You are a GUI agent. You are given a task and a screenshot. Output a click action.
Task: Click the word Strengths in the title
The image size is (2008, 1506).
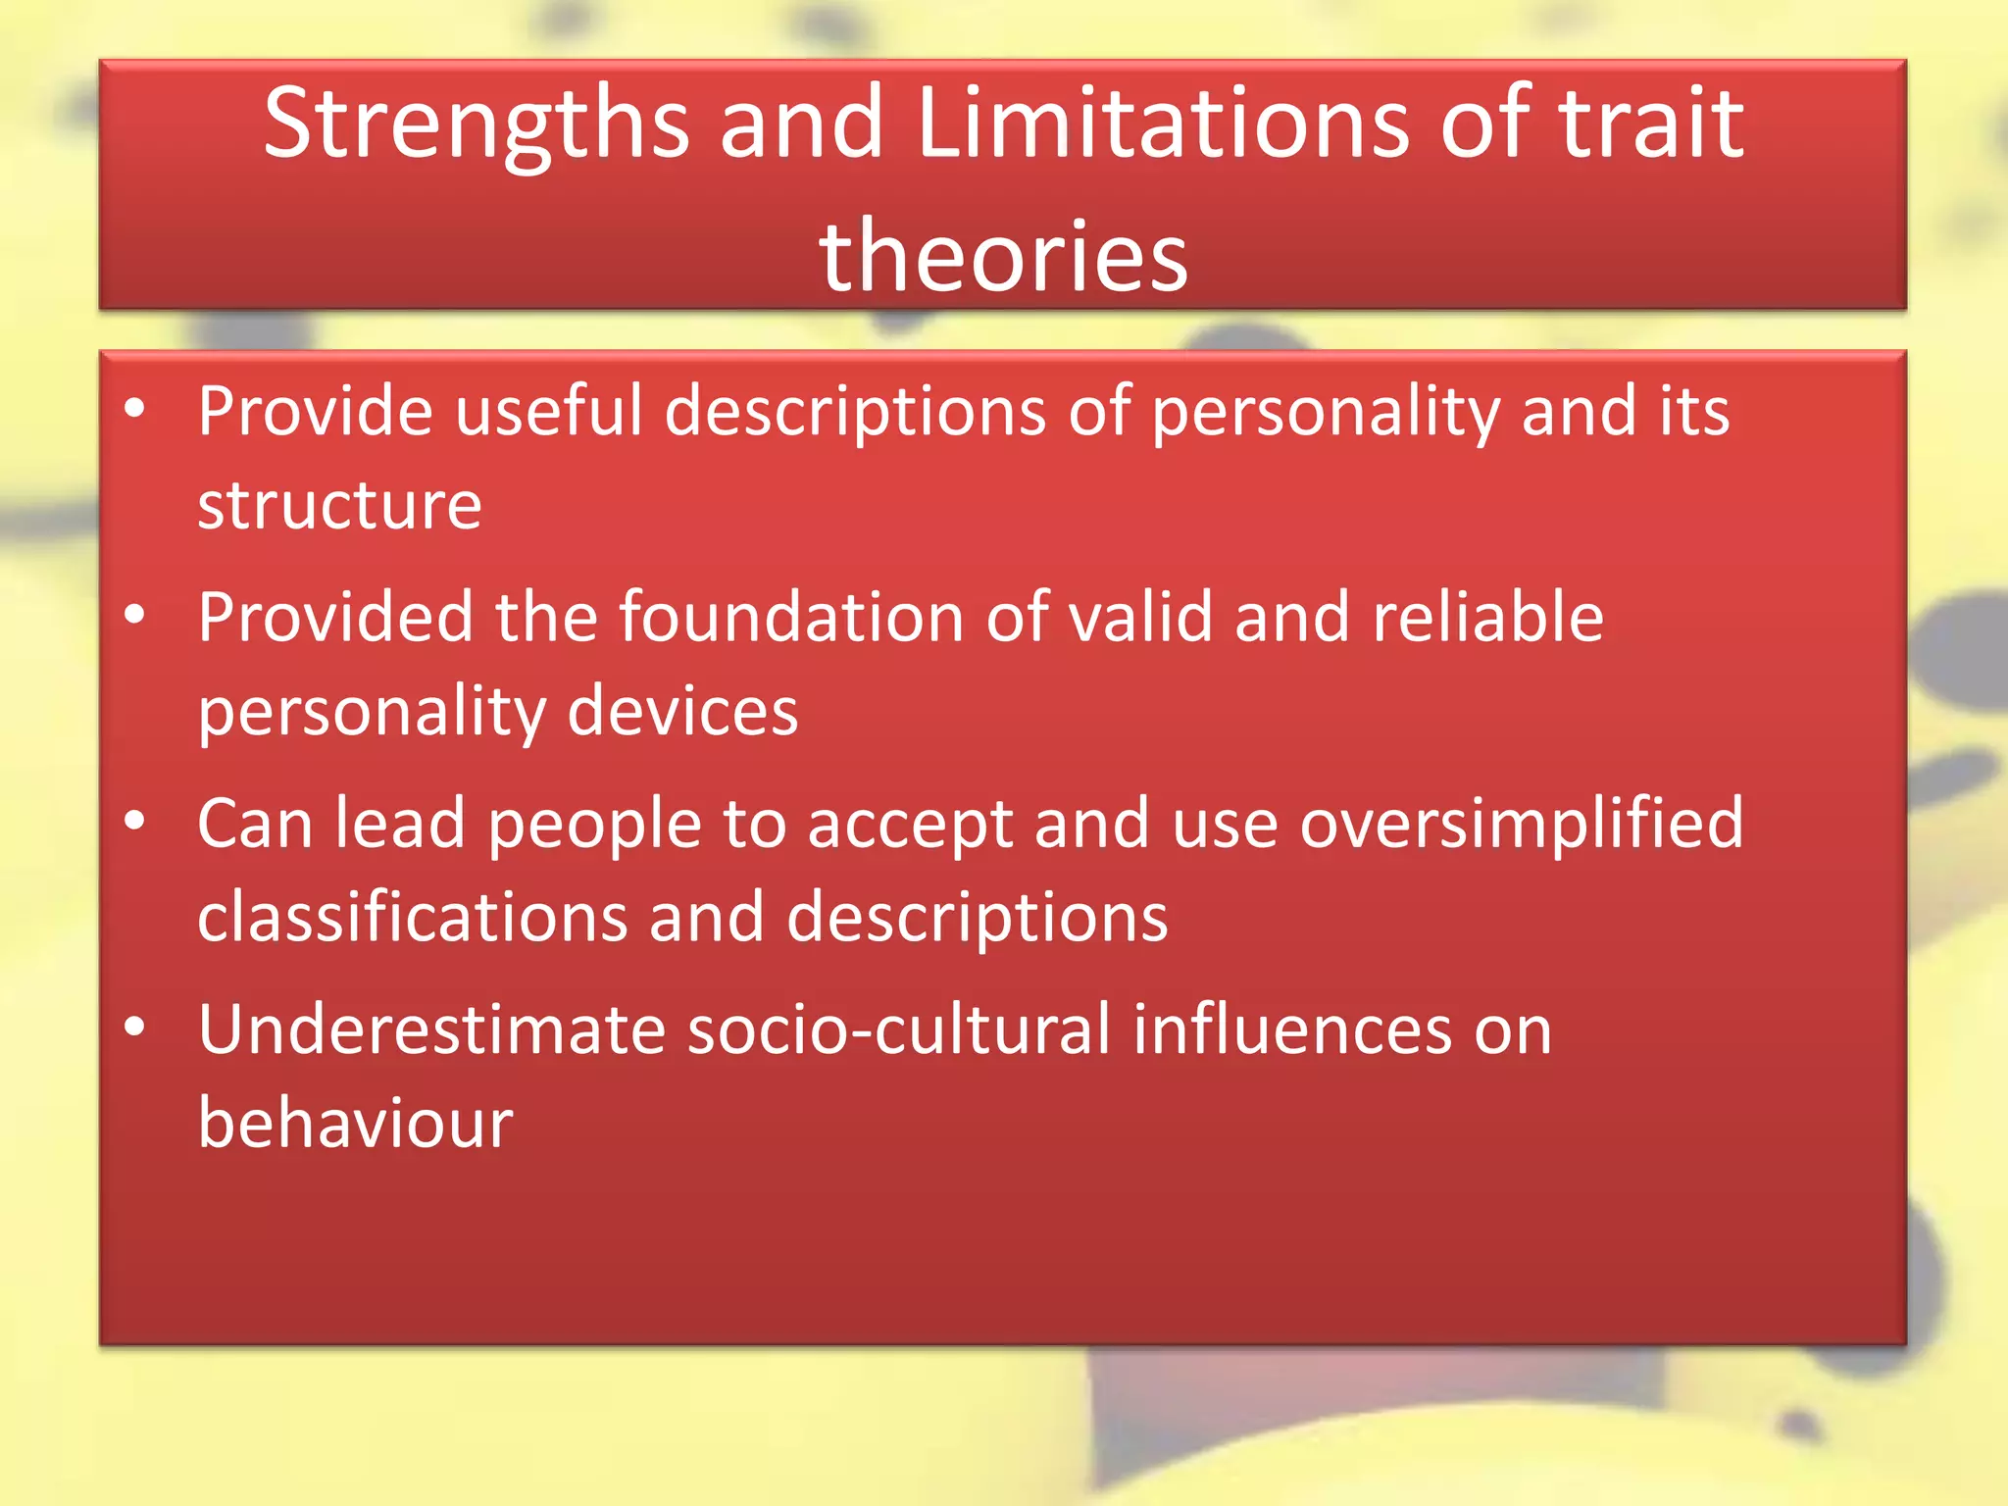pyautogui.click(x=477, y=125)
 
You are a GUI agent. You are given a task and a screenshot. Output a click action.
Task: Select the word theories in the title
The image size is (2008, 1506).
pyautogui.click(x=1003, y=256)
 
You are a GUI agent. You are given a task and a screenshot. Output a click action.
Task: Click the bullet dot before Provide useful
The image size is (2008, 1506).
pyautogui.click(x=135, y=408)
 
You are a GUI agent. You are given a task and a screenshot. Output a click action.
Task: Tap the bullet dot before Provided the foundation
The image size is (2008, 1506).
pyautogui.click(x=135, y=615)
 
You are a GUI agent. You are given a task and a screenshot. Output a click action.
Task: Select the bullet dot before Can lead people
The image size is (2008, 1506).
pyautogui.click(x=135, y=821)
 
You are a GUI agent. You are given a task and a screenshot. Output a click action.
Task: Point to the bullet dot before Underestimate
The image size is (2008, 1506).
pyautogui.click(x=135, y=1027)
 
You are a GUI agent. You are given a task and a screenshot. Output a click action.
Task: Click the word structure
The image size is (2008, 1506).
pyautogui.click(x=339, y=506)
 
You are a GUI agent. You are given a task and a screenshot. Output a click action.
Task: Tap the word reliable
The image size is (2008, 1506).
pyautogui.click(x=1487, y=618)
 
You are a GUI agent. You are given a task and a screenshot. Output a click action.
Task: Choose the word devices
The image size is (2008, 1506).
pyautogui.click(x=682, y=711)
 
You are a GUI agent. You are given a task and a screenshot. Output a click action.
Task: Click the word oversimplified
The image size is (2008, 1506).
pyautogui.click(x=1522, y=824)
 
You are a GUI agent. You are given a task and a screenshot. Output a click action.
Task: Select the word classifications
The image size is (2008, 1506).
pyautogui.click(x=412, y=918)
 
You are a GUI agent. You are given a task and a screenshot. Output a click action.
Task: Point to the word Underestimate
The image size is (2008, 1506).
pyautogui.click(x=431, y=1029)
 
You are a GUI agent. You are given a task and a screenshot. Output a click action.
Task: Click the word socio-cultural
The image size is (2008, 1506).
pyautogui.click(x=899, y=1029)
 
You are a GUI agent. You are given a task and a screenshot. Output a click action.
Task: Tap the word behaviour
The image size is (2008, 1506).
pyautogui.click(x=355, y=1123)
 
